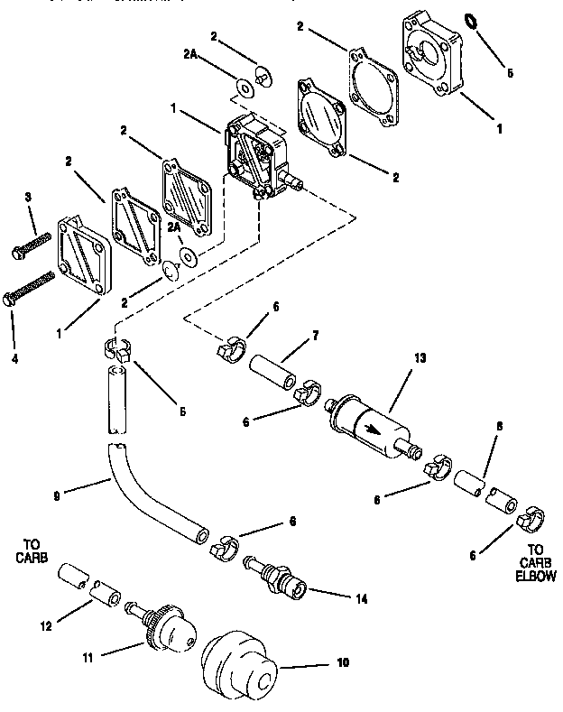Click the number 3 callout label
tap(28, 197)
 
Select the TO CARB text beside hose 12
tap(30, 550)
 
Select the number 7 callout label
tap(316, 335)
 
